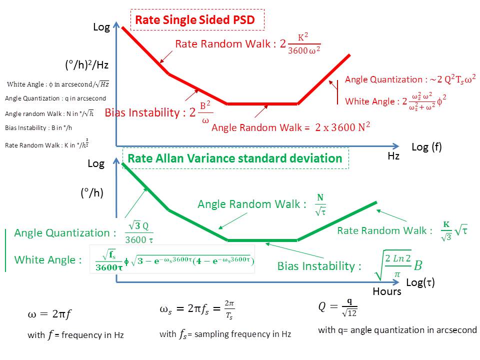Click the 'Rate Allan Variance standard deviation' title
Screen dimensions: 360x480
[x=235, y=158]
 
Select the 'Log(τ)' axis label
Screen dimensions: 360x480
[x=420, y=282]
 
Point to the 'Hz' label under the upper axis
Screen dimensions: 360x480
[x=393, y=156]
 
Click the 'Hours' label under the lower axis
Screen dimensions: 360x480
[x=386, y=291]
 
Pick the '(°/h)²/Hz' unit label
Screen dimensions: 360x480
[x=86, y=64]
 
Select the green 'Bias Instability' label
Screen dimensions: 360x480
[x=319, y=266]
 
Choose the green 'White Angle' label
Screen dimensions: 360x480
[x=47, y=260]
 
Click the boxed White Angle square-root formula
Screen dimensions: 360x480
[x=172, y=259]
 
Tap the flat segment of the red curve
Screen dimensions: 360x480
[x=262, y=104]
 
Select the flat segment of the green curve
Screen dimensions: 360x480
[x=262, y=240]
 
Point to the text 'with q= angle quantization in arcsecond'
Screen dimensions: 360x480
[x=397, y=330]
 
